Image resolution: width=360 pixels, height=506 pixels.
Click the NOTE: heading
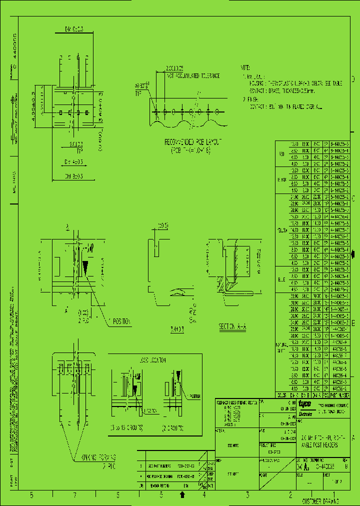(245, 67)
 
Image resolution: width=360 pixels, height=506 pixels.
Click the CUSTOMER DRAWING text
(320, 500)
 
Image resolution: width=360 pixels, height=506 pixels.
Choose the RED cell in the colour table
(281, 154)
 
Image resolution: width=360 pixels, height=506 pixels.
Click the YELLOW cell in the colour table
(281, 230)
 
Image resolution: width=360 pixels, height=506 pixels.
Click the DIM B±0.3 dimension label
(73, 176)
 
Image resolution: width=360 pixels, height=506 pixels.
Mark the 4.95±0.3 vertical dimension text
(34, 108)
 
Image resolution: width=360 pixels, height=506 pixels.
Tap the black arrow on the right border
(354, 253)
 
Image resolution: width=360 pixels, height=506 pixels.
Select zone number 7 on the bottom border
(74, 495)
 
